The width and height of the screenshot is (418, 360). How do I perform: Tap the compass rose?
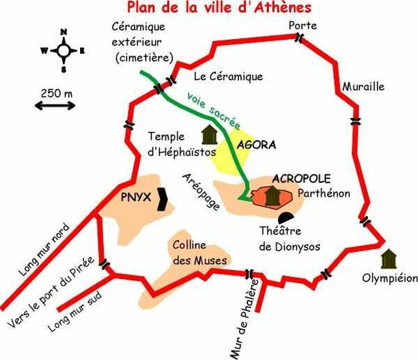tap(64, 50)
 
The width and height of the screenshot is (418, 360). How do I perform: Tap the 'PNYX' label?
tap(136, 198)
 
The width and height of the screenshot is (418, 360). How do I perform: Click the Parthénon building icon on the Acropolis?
tap(273, 196)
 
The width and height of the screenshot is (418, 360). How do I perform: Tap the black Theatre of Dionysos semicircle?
tap(256, 217)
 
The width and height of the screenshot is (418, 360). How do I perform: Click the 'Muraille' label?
tap(363, 86)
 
